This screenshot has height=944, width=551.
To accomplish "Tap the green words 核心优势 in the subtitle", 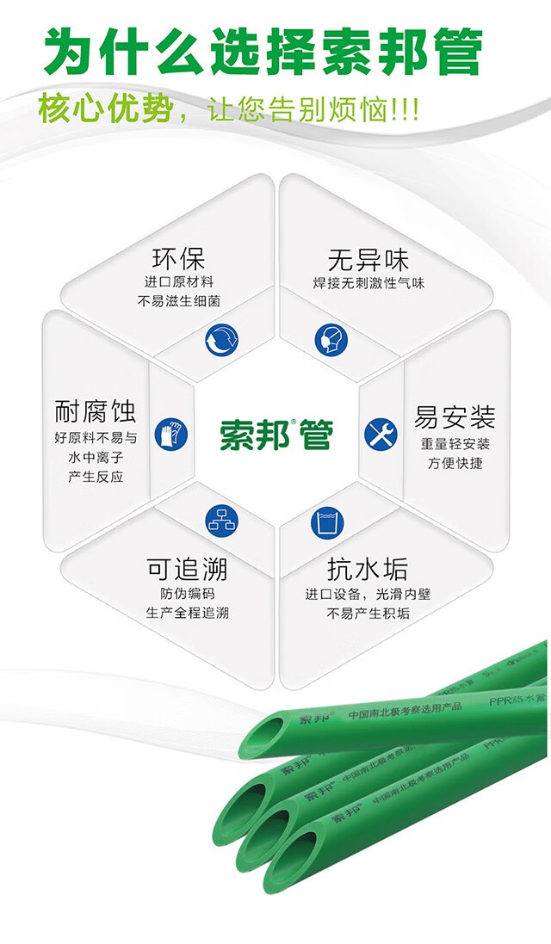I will pos(105,110).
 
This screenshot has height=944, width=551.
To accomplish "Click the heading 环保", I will pos(178,258).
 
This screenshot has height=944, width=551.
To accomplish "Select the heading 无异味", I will pos(368,259).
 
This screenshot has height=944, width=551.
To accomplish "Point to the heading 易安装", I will pos(455,418).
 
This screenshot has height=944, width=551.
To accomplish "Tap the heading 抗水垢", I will pos(368,569).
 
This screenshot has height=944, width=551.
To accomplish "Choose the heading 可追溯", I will pos(187,569).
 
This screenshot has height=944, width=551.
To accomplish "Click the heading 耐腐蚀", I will pos(96,410).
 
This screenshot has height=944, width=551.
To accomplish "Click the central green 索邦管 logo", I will pos(275,433).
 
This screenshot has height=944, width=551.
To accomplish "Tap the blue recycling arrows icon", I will pos(221,340).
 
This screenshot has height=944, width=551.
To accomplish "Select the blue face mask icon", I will pos(330,340).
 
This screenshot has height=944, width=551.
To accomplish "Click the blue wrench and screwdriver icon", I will pos(381,434).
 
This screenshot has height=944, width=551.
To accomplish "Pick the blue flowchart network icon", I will pos(221,521).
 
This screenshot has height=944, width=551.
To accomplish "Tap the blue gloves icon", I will pos(170,433).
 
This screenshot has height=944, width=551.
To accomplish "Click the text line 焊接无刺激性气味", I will pos(368,282).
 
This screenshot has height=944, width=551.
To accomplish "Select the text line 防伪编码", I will pos(187,593).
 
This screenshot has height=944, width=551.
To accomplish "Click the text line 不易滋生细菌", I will pos(178,302).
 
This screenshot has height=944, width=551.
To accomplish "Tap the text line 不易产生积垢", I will pos(368,614).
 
